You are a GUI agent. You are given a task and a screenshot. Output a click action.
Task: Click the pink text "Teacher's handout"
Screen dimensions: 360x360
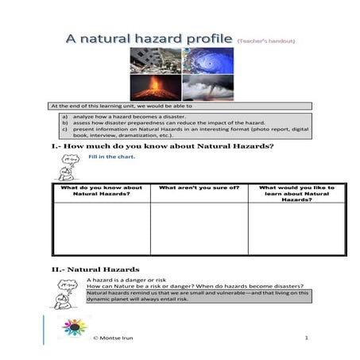pos(265,40)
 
